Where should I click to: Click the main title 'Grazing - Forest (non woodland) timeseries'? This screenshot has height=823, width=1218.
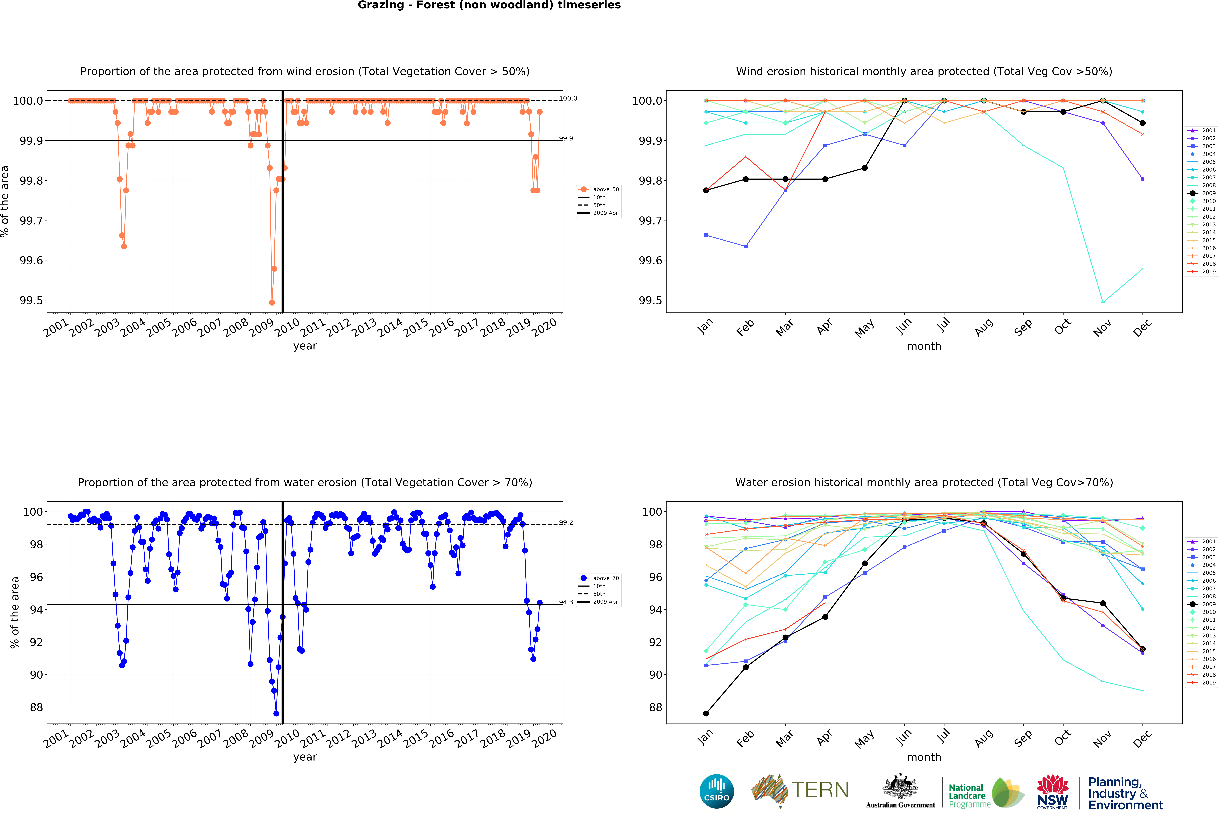point(489,5)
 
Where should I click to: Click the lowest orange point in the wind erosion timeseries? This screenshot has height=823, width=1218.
point(271,302)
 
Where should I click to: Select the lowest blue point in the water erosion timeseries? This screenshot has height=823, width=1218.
point(276,713)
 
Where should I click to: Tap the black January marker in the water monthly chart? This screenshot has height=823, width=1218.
point(706,713)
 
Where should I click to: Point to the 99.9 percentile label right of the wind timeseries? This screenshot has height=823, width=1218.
point(566,138)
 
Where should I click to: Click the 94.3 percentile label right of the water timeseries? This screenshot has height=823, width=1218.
point(566,602)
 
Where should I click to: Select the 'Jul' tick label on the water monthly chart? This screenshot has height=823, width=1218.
point(943,737)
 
